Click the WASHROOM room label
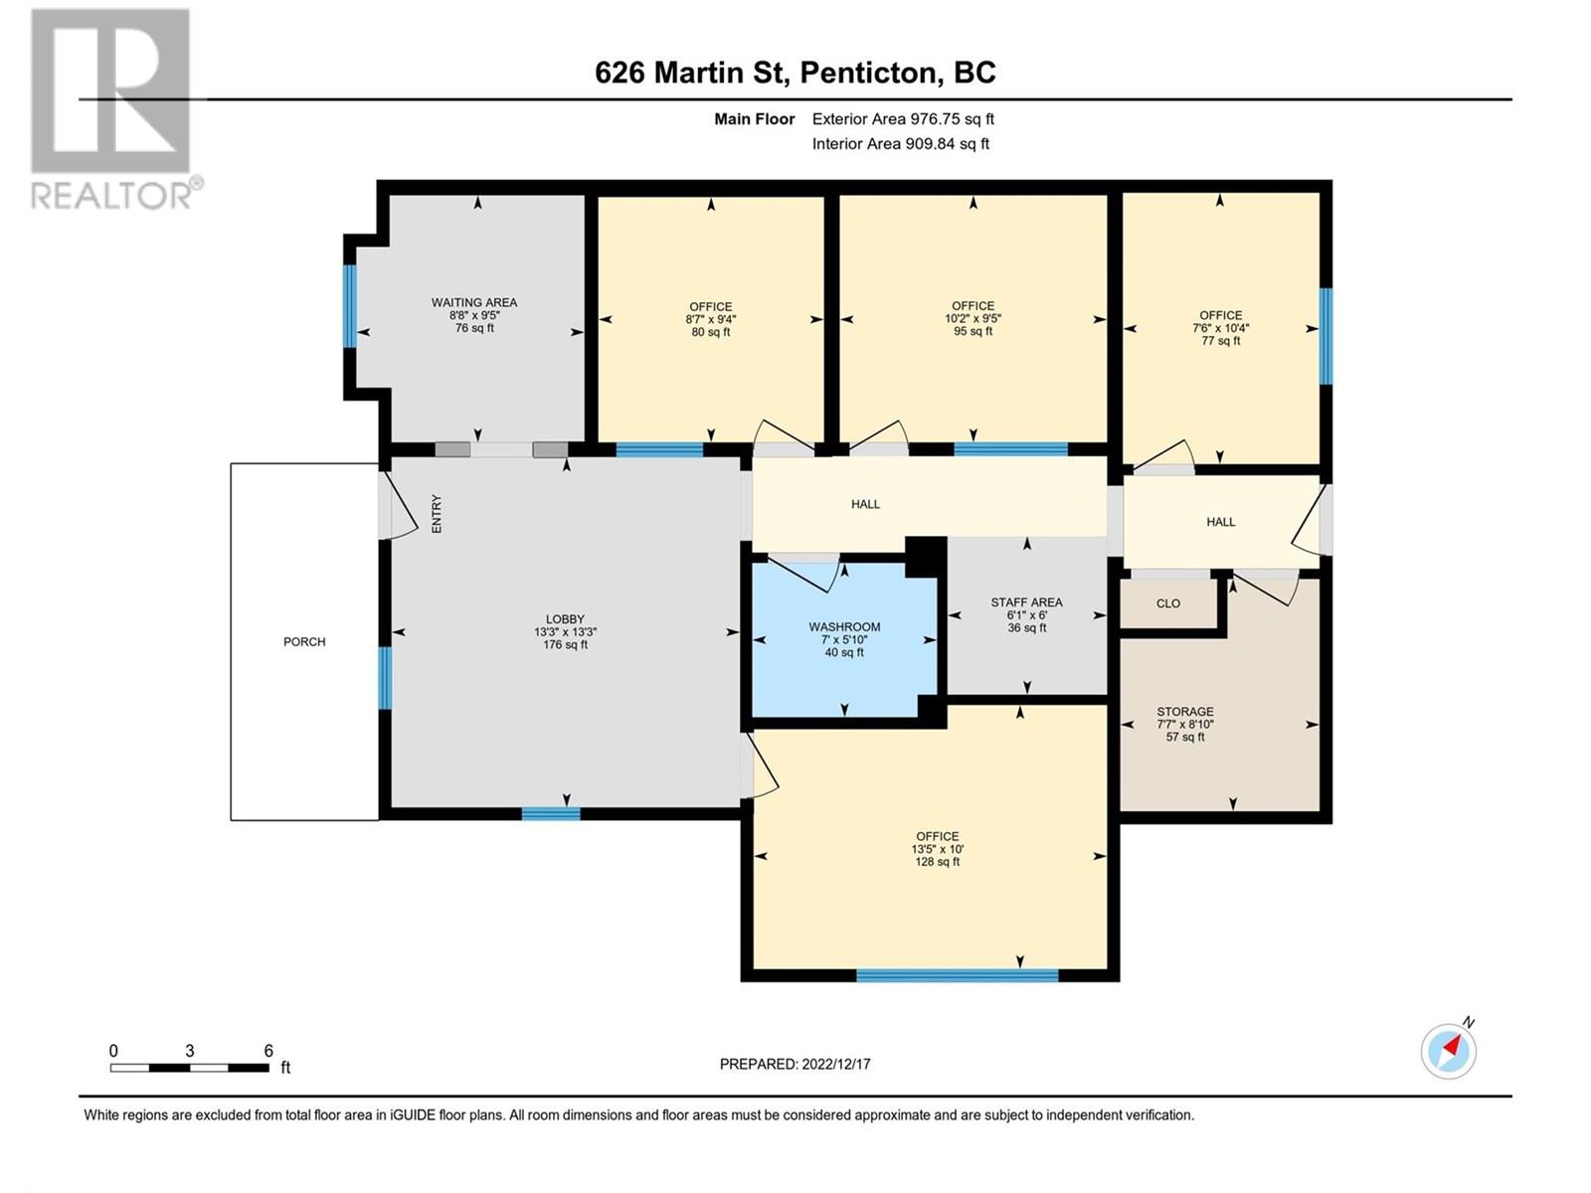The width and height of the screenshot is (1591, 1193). [x=844, y=626]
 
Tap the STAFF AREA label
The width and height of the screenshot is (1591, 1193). [x=1026, y=601]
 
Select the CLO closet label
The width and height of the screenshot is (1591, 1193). [x=1167, y=603]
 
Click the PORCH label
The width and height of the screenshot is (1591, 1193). [x=304, y=641]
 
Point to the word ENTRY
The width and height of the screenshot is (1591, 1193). [x=437, y=514]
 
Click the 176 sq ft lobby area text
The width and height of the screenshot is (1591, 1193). [x=565, y=644]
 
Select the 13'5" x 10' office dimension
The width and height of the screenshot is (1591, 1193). [x=937, y=849]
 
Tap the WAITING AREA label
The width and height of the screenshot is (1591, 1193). [x=474, y=302]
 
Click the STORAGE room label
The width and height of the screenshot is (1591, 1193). [x=1184, y=711]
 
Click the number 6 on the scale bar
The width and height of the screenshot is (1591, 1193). [x=268, y=1051]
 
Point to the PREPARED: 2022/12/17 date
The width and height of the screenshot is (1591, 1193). [x=795, y=1064]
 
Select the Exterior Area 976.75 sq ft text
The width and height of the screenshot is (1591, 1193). [x=903, y=118]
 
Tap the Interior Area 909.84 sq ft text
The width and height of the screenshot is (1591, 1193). [x=900, y=143]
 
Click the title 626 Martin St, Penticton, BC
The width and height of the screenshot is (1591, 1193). [x=795, y=73]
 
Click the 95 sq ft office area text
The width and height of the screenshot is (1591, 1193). [x=972, y=331]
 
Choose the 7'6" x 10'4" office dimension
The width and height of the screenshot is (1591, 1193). [x=1220, y=327]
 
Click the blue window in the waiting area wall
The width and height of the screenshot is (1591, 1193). [x=349, y=305]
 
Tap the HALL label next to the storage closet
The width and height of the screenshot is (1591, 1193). [x=1220, y=521]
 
